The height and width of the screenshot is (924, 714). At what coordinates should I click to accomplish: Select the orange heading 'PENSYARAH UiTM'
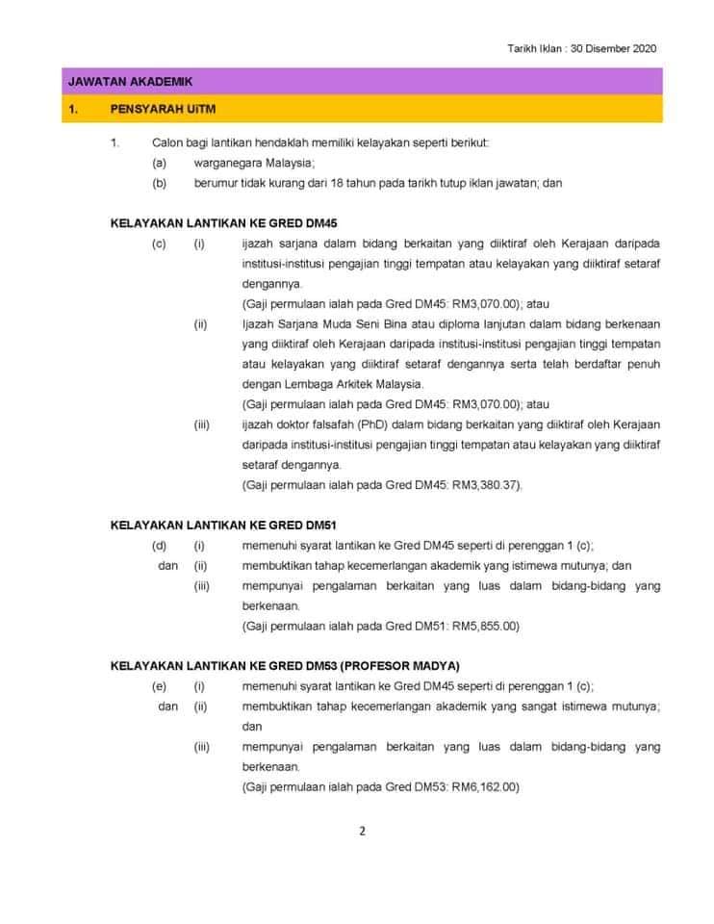(x=161, y=109)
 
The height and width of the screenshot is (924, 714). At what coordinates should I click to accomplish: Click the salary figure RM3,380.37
(x=486, y=485)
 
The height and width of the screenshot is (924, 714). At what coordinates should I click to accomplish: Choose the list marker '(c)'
(x=159, y=244)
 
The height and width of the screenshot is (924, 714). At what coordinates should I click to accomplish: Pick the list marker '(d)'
(x=159, y=546)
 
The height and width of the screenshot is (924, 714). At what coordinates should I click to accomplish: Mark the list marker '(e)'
(x=159, y=686)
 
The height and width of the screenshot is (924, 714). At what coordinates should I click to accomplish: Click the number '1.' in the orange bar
(x=73, y=109)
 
